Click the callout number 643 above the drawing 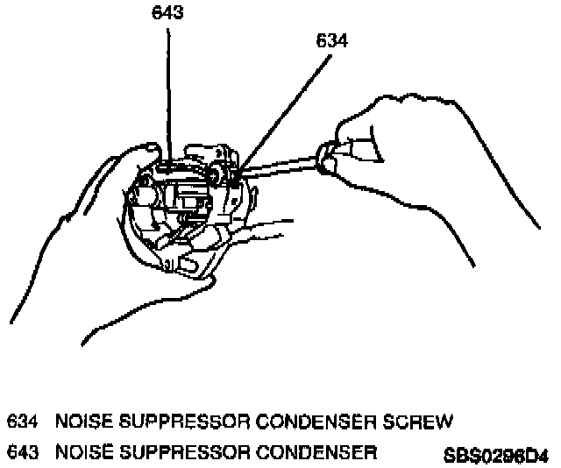167,13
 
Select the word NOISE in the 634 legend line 82,422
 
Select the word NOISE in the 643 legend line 82,452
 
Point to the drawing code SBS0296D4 495,456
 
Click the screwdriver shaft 280,167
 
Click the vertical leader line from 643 167,88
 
